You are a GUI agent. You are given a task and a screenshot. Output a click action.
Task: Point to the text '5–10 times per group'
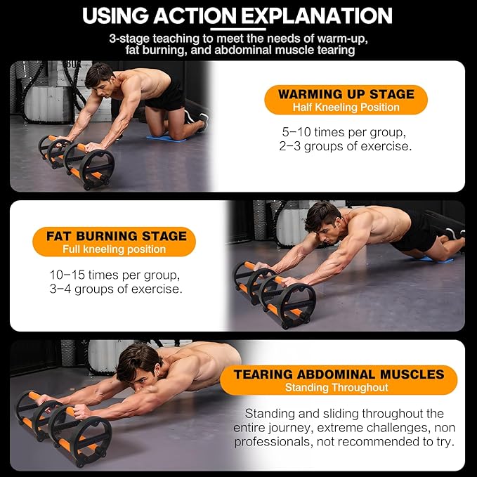coord(344,131)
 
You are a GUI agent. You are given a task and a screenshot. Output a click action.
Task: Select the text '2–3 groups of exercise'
coord(344,147)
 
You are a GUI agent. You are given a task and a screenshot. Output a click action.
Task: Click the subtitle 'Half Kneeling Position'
coord(346,107)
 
